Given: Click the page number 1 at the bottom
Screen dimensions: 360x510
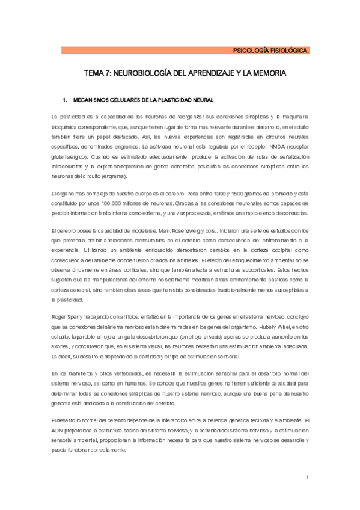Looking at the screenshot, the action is pyautogui.click(x=307, y=478).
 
